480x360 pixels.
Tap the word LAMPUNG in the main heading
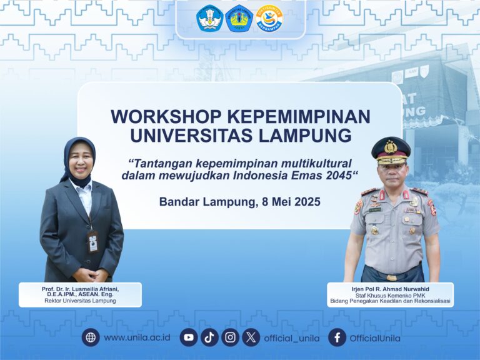point(305,135)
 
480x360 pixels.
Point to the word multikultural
point(316,164)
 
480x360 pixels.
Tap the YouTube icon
point(189,337)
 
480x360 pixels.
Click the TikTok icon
point(209,337)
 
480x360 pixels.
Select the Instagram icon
point(230,337)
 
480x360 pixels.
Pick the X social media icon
point(251,337)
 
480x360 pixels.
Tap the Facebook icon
point(337,337)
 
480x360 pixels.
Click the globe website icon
point(91,337)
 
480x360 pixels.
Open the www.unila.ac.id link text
point(137,337)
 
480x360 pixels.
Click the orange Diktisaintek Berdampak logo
point(269,18)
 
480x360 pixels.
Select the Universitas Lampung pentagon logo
point(239,18)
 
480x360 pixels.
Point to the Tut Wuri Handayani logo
point(210,18)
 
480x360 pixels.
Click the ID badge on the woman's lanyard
point(93,242)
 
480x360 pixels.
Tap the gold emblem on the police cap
point(391,147)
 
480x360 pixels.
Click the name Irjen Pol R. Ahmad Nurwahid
point(390,289)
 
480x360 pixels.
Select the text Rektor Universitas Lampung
point(80,301)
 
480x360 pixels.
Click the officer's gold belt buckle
point(391,277)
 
